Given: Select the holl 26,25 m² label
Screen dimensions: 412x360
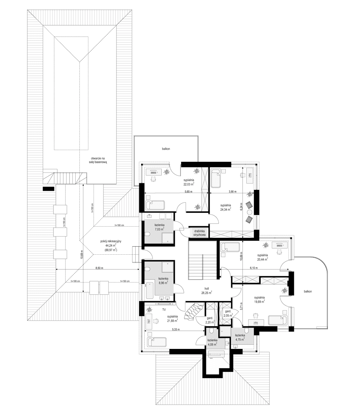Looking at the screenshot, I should (x=206, y=291).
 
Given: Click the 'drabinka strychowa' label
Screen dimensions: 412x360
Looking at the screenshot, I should (x=199, y=233).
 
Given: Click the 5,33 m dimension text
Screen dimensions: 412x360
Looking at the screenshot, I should (x=177, y=329).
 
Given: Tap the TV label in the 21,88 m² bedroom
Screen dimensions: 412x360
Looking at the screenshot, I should (x=164, y=310).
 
